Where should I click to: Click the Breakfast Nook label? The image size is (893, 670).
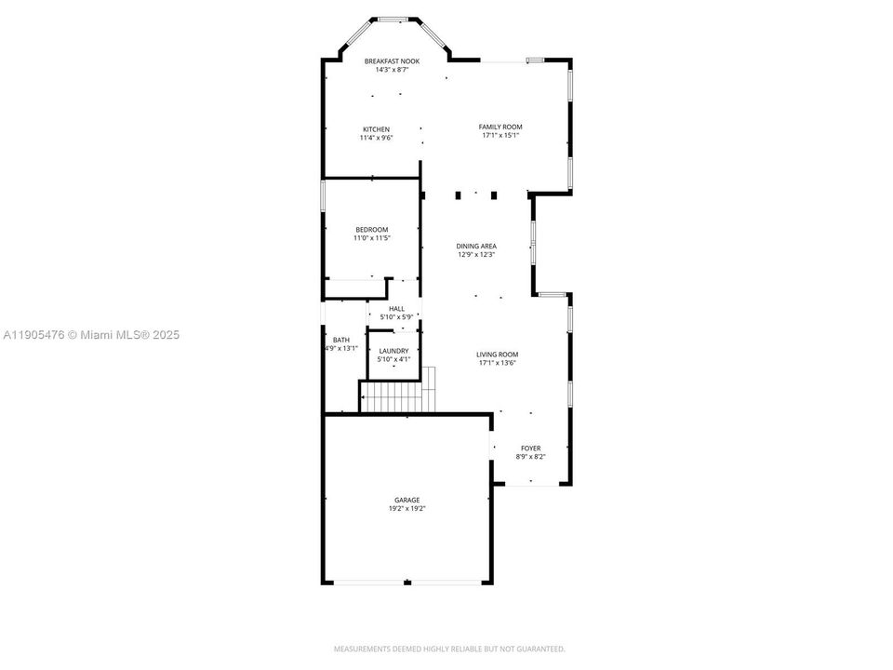(x=392, y=61)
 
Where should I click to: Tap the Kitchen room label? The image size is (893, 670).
(x=377, y=129)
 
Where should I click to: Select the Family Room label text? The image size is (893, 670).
(x=500, y=127)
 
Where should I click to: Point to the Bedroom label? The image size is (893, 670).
(x=372, y=230)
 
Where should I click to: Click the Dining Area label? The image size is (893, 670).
(x=476, y=246)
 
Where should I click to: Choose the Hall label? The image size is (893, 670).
(x=397, y=309)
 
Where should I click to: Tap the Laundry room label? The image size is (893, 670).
(x=393, y=351)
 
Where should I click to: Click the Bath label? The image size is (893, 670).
(x=341, y=340)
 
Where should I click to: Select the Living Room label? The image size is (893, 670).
(x=497, y=355)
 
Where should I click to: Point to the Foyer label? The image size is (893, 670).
(x=530, y=448)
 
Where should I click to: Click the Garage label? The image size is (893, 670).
(x=407, y=500)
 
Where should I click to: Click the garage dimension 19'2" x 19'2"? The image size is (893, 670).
(x=407, y=509)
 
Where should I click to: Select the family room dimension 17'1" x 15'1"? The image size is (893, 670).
(x=500, y=136)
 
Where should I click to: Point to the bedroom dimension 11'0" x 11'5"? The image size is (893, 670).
(x=372, y=238)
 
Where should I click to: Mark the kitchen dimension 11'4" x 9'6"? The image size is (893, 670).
(x=377, y=138)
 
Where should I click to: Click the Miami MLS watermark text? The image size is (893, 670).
(x=91, y=335)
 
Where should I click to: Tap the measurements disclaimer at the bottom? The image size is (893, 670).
(x=449, y=649)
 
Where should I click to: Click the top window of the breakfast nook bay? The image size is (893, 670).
(x=391, y=18)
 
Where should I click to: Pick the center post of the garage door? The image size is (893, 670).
(x=407, y=583)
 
